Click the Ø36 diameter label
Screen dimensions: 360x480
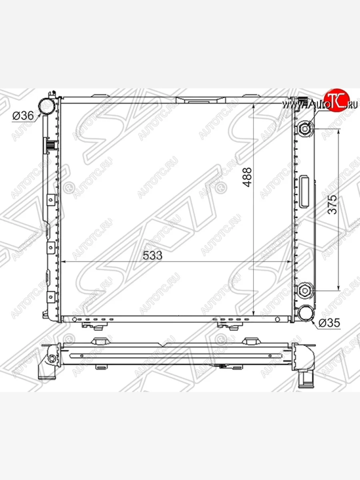(23, 115)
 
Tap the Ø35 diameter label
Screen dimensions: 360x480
(329, 323)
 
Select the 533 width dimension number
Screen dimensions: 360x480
(152, 255)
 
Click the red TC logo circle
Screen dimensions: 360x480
(337, 100)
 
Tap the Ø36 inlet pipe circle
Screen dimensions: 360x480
(46, 106)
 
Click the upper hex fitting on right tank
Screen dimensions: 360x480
(305, 129)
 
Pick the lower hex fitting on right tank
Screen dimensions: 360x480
(305, 290)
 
